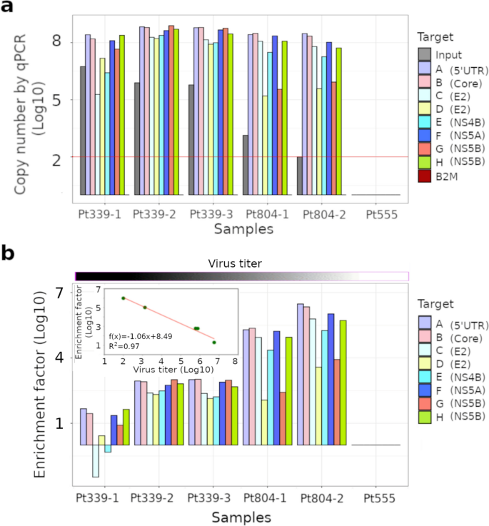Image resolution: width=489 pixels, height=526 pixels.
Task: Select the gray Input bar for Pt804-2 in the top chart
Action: point(300,176)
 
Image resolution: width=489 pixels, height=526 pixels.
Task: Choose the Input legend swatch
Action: point(425,54)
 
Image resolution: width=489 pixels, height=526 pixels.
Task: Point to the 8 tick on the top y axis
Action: point(56,42)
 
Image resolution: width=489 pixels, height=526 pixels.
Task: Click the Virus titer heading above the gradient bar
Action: point(241,263)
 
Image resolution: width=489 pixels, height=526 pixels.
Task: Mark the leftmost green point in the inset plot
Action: point(123,298)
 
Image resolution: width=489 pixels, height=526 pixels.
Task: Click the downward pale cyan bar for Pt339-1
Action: point(96,460)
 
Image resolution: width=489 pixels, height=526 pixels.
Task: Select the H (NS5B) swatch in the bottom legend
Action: point(425,416)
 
